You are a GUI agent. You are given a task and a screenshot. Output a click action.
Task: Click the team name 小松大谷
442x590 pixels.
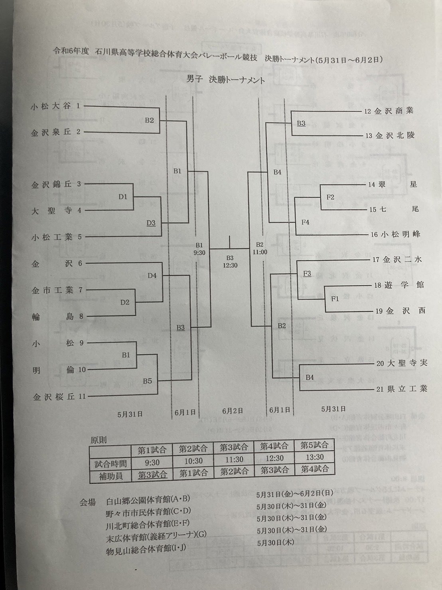[51, 106]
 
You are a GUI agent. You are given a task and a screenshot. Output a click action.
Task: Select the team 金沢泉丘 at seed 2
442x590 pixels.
[51, 133]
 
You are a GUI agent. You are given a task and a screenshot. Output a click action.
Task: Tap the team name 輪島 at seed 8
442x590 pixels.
[53, 316]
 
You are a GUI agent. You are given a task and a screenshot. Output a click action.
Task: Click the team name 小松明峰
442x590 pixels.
[400, 234]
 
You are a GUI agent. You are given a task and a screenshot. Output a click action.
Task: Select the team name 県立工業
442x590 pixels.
[406, 389]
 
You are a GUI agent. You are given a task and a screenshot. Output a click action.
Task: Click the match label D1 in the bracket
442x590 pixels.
[123, 197]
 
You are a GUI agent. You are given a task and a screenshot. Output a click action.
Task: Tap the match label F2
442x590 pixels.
[330, 197]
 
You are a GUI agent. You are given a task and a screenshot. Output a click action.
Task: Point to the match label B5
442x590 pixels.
[147, 381]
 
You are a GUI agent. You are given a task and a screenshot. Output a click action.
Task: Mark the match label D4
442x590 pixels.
[152, 276]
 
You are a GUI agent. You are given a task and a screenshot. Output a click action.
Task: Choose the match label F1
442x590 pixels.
[335, 298]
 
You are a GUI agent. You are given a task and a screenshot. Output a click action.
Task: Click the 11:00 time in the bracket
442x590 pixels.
[260, 252]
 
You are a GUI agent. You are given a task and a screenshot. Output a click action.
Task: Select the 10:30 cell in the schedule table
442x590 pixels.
[193, 461]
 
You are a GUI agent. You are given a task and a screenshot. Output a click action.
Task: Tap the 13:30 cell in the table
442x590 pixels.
[315, 457]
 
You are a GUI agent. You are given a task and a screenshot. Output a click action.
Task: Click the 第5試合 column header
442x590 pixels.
[315, 445]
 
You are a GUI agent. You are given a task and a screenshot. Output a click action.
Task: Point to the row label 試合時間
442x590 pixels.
[110, 463]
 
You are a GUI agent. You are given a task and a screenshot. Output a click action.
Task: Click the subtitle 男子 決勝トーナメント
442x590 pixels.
[225, 80]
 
